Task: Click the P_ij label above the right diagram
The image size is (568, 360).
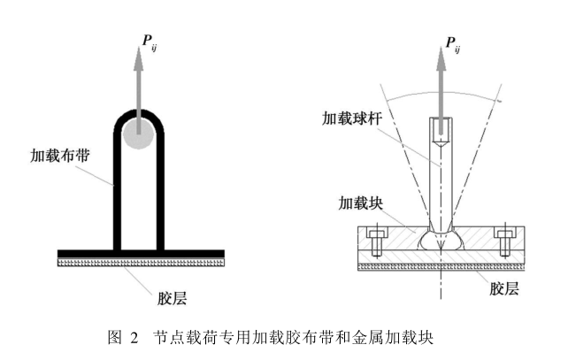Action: point(452,44)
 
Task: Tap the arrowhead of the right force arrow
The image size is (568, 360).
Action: point(442,59)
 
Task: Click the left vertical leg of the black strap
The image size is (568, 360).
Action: point(116,195)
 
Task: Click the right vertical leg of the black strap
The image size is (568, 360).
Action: point(160,195)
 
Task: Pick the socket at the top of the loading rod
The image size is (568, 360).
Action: point(442,133)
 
